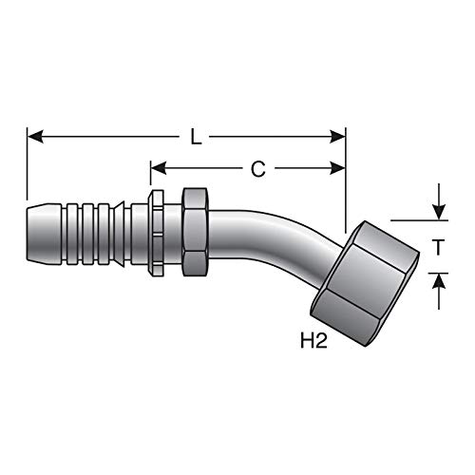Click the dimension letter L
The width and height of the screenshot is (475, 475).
pyautogui.click(x=196, y=138)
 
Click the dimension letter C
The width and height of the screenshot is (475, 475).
pyautogui.click(x=258, y=169)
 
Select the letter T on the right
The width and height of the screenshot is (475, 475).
pyautogui.click(x=438, y=247)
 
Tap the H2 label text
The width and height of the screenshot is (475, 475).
pyautogui.click(x=313, y=341)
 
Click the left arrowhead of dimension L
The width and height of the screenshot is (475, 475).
pyautogui.click(x=35, y=137)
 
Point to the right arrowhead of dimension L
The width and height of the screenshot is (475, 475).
pyautogui.click(x=337, y=137)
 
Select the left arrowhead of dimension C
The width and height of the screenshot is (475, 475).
pyautogui.click(x=159, y=168)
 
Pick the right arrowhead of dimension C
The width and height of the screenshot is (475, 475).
pyautogui.click(x=337, y=168)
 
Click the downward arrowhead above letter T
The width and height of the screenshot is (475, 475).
pyautogui.click(x=439, y=212)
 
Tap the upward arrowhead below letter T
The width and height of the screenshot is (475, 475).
pyautogui.click(x=439, y=281)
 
